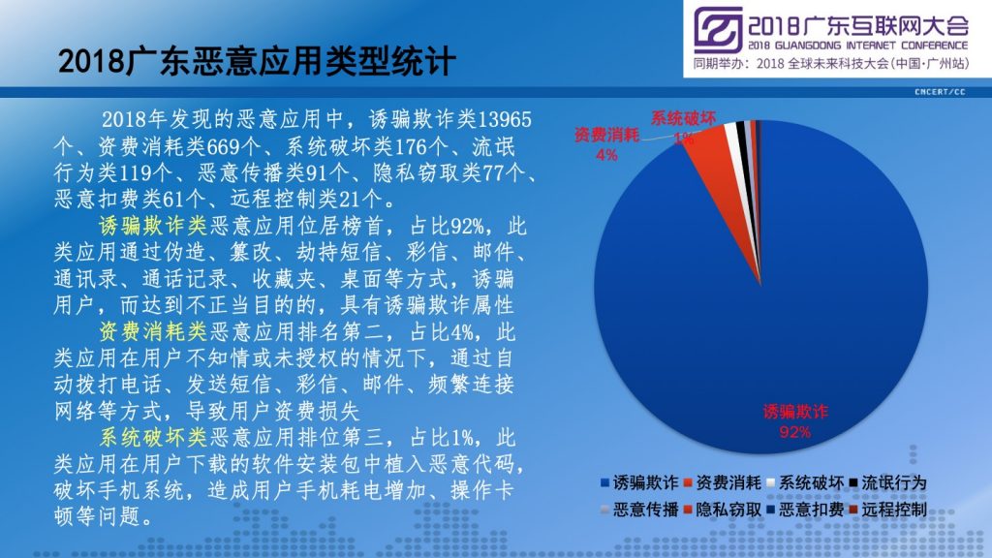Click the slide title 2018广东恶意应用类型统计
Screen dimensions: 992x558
pos(256,61)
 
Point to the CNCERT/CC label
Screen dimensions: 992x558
pos(940,92)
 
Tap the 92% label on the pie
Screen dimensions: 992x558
pos(794,432)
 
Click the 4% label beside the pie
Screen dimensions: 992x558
pos(606,154)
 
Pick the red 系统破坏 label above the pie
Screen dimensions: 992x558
pos(683,118)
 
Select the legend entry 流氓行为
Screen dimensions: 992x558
pos(887,483)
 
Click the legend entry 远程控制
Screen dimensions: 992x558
pos(887,510)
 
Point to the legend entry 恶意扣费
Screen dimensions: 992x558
pos(805,510)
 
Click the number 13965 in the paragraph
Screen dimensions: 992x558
pos(504,119)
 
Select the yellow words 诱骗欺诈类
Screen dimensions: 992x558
pos(153,226)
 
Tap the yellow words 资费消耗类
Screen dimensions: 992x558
pos(153,331)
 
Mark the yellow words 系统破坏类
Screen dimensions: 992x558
pos(153,437)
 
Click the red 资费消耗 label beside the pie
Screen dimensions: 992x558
pos(606,135)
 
